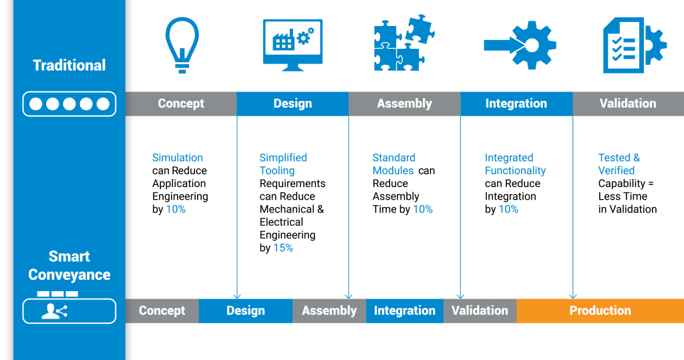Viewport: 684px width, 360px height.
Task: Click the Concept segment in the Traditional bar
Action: tap(181, 104)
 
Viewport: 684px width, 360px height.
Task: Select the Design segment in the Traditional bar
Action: tap(293, 104)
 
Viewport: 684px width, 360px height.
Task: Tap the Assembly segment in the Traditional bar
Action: tap(404, 104)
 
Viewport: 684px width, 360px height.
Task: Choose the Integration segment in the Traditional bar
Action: tap(516, 104)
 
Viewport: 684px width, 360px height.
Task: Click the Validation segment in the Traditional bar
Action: tap(628, 104)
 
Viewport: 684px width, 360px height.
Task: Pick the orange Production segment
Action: tap(600, 311)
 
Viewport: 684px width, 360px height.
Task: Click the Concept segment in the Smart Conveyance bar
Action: tap(162, 311)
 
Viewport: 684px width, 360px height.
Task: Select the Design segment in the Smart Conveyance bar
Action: tap(245, 311)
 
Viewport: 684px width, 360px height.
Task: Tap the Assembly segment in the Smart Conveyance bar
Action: tap(329, 311)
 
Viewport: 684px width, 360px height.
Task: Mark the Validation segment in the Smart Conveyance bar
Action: tap(480, 311)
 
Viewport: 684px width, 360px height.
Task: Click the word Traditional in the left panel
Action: tap(69, 65)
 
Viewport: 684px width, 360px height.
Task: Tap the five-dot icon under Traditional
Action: tap(69, 104)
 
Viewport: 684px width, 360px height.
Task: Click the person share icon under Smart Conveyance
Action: tap(55, 311)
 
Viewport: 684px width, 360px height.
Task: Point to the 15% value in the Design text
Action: tap(283, 248)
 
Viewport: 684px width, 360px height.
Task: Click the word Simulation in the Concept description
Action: tap(177, 158)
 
